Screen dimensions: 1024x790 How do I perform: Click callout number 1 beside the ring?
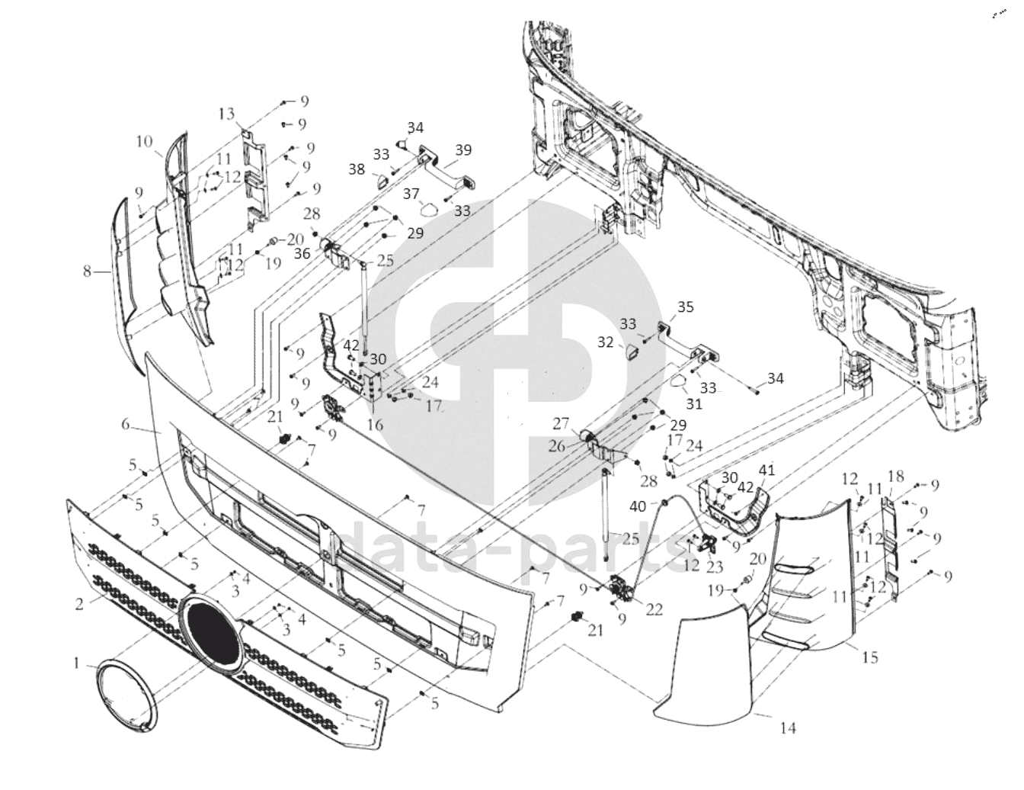coord(76,664)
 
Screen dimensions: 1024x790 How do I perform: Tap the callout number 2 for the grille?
coord(78,605)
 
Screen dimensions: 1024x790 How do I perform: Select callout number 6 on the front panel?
coord(126,424)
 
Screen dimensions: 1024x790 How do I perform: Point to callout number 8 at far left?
coord(87,270)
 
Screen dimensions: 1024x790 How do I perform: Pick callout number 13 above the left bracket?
coord(226,114)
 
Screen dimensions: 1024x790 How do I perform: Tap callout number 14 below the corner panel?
coord(789,728)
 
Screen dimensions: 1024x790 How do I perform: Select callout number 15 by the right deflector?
coord(870,656)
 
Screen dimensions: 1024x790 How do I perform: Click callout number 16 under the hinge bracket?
coord(375,426)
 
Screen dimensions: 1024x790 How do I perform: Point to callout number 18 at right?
coord(896,477)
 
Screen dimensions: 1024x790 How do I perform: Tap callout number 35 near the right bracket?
coord(686,307)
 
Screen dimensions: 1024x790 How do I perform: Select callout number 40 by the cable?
coord(638,506)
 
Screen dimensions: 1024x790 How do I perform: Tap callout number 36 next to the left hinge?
coord(302,254)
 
